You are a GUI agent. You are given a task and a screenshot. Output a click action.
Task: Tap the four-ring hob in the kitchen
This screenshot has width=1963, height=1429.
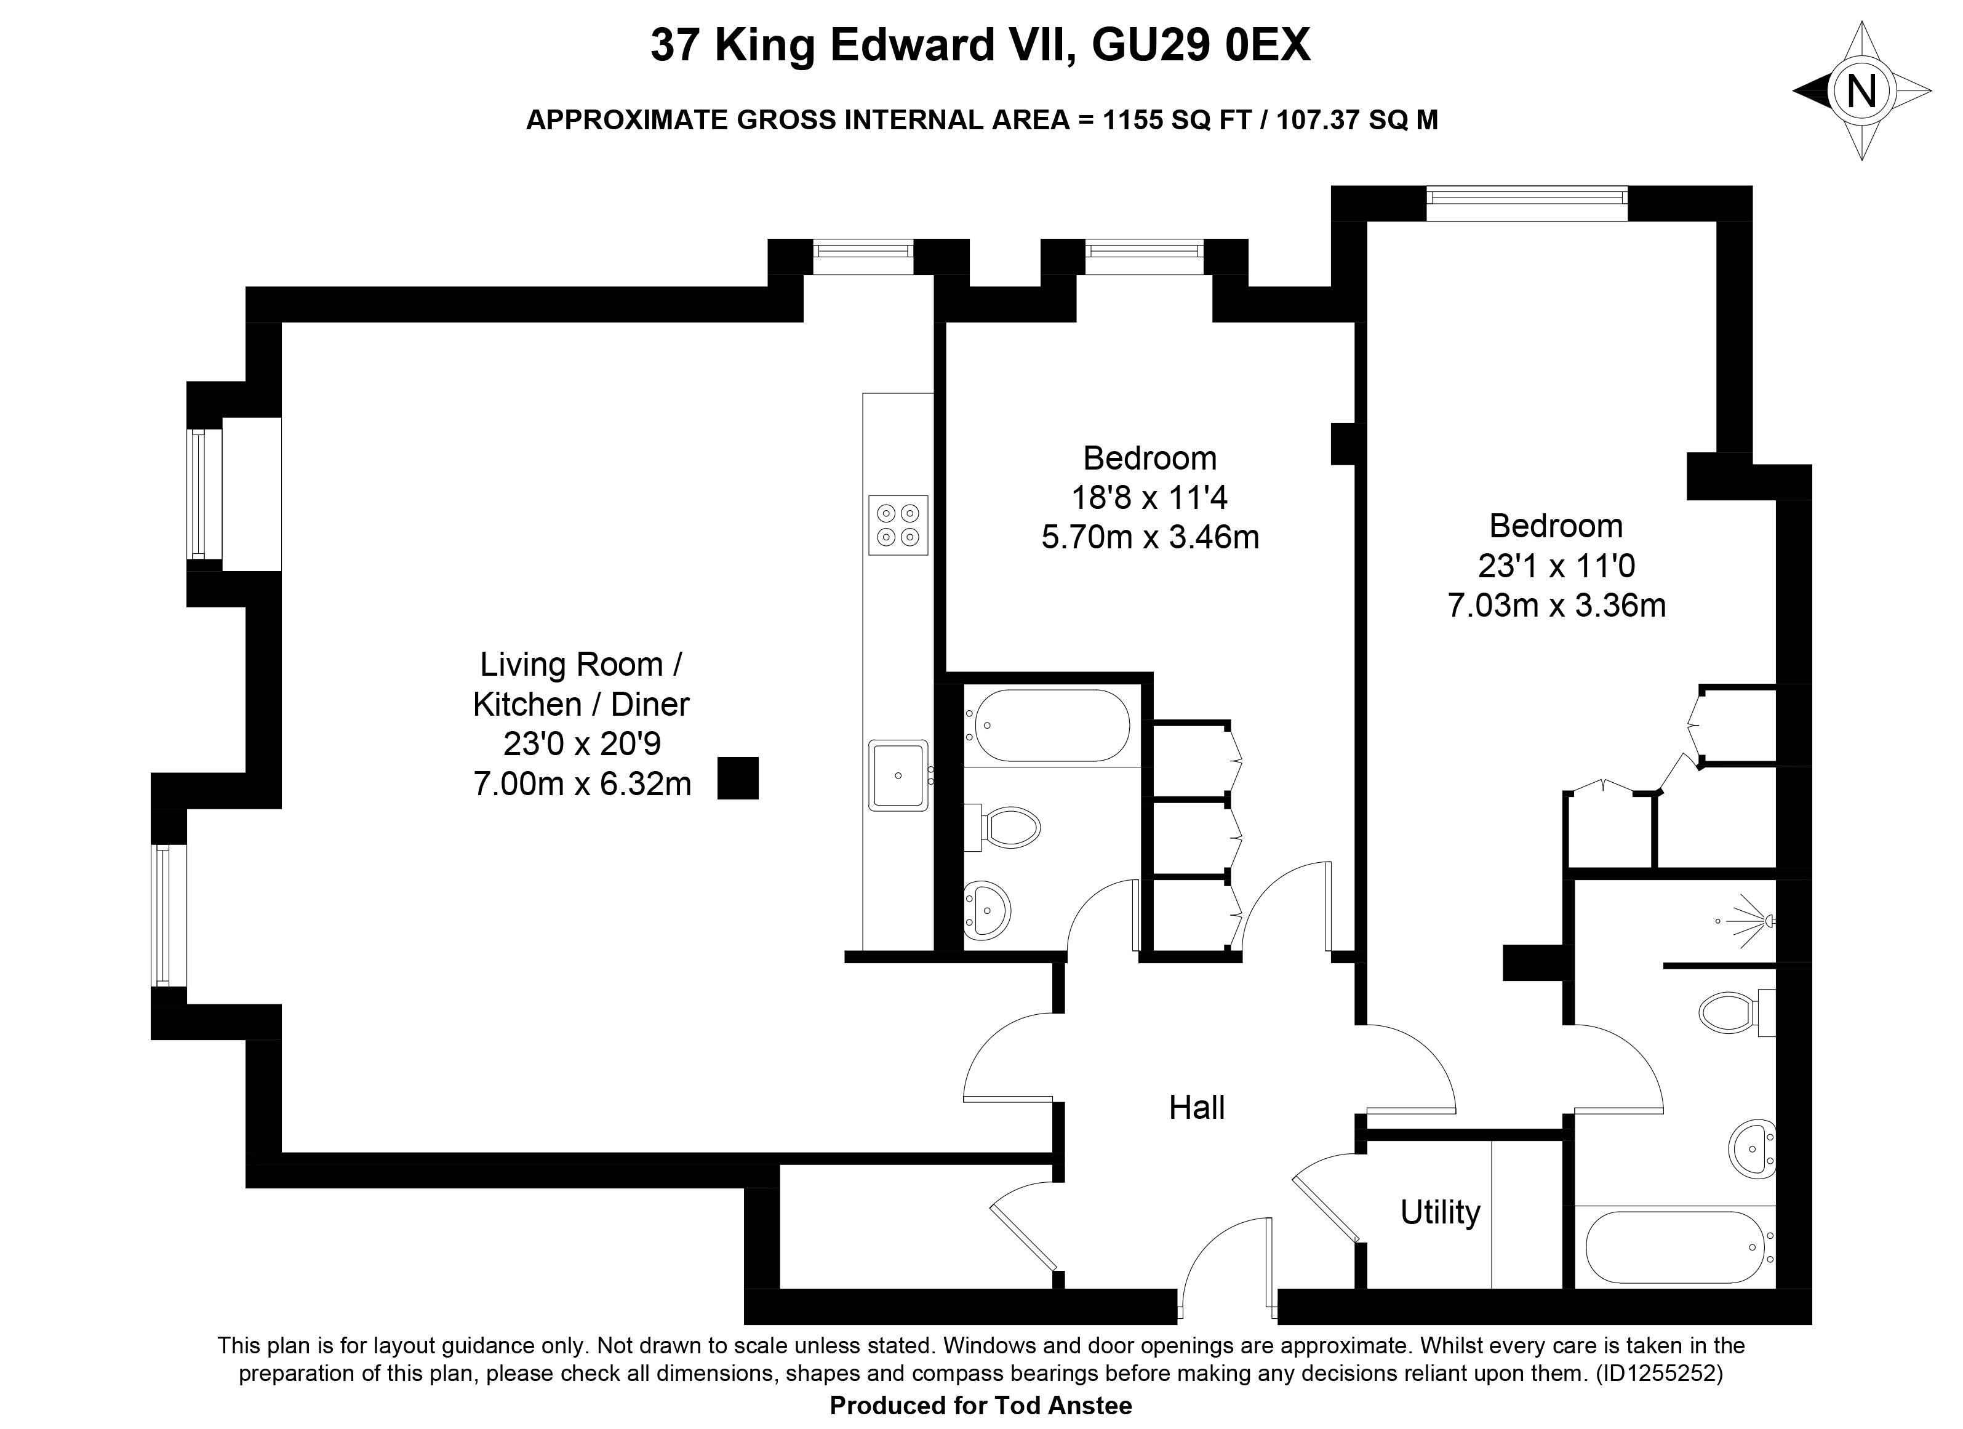[x=898, y=526]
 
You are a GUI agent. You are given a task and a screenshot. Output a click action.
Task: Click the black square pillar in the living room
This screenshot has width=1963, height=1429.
[x=738, y=778]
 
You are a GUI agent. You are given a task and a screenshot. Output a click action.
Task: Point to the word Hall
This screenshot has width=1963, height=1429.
[x=1197, y=1108]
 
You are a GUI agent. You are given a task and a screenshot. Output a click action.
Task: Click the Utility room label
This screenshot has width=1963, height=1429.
[x=1440, y=1212]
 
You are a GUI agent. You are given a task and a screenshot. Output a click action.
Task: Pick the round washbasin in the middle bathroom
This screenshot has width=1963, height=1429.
[x=986, y=911]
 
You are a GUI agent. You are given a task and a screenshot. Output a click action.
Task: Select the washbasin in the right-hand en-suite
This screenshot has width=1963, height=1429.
[x=1753, y=1150]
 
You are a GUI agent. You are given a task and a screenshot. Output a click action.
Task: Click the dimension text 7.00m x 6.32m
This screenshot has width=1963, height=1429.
[x=583, y=784]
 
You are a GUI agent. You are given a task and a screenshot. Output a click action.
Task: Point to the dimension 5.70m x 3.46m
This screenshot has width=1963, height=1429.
[x=1150, y=537]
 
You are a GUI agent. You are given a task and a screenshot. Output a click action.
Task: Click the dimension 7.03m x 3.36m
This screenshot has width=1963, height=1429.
[x=1557, y=605]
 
